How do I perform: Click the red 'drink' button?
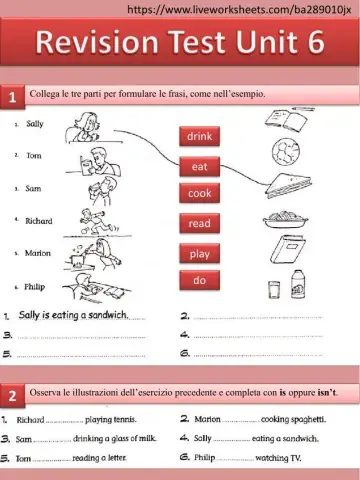(x=200, y=135)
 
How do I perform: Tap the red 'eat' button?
(x=200, y=165)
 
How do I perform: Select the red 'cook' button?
(x=200, y=193)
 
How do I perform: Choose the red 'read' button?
(x=200, y=224)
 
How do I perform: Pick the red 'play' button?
(x=200, y=254)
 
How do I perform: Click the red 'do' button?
(x=200, y=281)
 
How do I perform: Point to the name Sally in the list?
(x=35, y=124)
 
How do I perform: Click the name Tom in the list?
(x=33, y=156)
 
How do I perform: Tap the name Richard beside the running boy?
(x=39, y=220)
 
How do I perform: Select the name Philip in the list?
(x=35, y=286)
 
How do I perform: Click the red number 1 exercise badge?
(x=12, y=97)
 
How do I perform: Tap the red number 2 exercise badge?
(x=12, y=396)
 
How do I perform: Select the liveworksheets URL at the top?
(x=242, y=8)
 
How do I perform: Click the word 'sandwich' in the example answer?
(x=109, y=316)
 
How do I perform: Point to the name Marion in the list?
(x=37, y=253)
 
